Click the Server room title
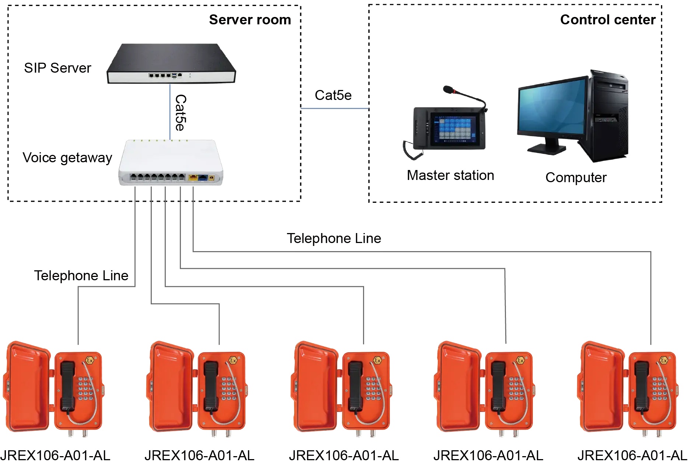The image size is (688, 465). click(250, 20)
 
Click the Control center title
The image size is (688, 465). click(608, 20)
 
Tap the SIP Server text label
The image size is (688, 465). click(57, 68)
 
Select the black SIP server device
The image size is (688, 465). click(171, 63)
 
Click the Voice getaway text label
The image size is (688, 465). click(67, 158)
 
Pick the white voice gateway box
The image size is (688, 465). click(171, 162)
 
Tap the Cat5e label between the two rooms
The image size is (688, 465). click(333, 95)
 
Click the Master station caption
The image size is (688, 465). click(450, 175)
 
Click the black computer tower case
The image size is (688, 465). click(608, 116)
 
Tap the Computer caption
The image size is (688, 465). click(576, 177)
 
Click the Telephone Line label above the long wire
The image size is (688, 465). click(333, 238)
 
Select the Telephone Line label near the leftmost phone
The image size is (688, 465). click(81, 275)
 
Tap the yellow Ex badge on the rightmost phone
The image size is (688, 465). click(663, 360)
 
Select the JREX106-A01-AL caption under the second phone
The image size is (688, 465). click(199, 455)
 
